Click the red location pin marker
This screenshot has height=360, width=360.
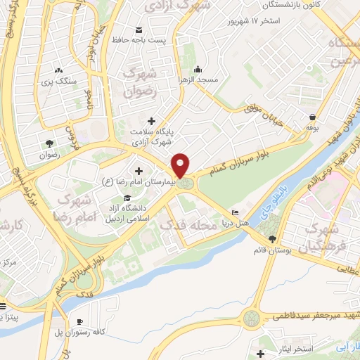[x=181, y=165]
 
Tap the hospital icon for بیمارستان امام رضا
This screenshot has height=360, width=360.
[x=138, y=171]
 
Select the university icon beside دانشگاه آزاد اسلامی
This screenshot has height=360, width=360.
[x=127, y=198]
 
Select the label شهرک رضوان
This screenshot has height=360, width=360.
[x=137, y=81]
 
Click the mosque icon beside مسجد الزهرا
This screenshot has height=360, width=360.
[x=198, y=69]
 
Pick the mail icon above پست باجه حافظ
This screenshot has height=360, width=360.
[x=139, y=29]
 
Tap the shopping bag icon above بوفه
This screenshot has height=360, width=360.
[x=311, y=117]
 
